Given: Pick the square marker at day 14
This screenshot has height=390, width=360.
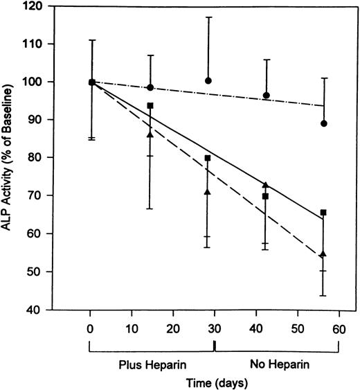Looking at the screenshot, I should pos(150,106).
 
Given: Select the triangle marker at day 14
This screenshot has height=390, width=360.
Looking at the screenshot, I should pos(150,134).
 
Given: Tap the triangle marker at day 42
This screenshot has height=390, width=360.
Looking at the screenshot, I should pos(266,185).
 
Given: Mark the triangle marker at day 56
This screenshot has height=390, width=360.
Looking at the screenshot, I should pos(323,254).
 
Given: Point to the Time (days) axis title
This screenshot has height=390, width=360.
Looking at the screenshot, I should pos(214,382).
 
